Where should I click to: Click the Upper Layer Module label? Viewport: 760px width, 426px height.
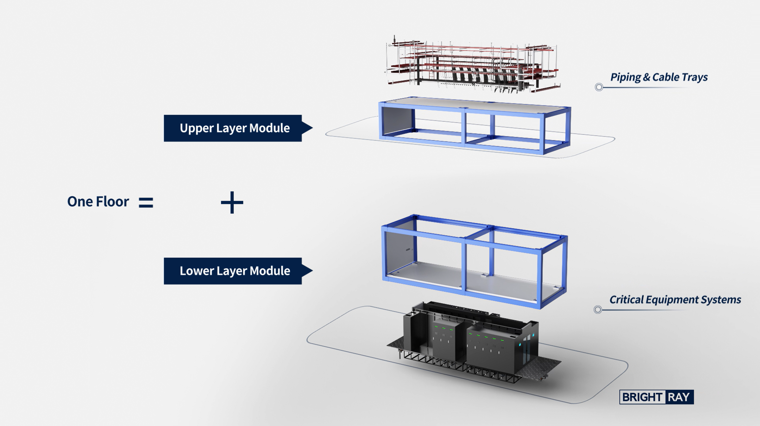pos(235,128)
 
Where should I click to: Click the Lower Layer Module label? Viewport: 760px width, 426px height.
pos(235,271)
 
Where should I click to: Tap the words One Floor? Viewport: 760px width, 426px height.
pos(98,201)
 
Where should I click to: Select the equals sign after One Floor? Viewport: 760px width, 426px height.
pos(146,202)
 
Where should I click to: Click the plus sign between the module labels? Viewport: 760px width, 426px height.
pos(232,202)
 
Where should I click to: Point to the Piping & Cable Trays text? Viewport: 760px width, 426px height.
pos(659,77)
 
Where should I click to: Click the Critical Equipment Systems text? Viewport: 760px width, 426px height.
pos(675,300)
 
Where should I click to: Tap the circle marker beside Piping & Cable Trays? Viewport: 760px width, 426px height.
pos(599,87)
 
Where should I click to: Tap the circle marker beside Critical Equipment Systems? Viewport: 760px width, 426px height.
pos(598,309)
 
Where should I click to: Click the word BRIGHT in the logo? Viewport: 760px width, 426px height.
pos(642,397)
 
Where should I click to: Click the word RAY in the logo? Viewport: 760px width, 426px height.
pos(679,397)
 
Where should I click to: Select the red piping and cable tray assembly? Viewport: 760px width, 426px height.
pos(473,64)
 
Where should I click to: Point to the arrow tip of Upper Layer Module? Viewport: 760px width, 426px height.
pos(313,128)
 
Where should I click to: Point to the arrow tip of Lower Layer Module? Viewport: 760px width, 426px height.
pos(313,271)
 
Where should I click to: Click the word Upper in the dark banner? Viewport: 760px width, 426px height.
pos(197,128)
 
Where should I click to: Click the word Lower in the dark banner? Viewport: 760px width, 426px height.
pos(197,271)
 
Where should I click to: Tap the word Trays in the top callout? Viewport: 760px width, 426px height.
pos(694,77)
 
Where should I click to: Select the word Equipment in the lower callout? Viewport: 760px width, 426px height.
pos(673,300)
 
